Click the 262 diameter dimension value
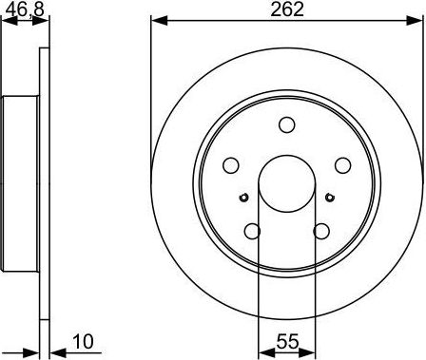pos(286,10)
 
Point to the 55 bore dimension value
pos(286,340)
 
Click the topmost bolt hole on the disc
pos(286,124)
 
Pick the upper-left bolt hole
pos(230,165)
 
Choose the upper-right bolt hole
pos(342,165)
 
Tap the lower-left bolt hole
pos(252,231)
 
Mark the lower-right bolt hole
pos(321,231)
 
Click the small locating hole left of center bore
pos(243,198)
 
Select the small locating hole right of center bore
pos(329,198)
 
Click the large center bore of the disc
pos(286,183)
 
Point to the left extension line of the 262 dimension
pos(151,95)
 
